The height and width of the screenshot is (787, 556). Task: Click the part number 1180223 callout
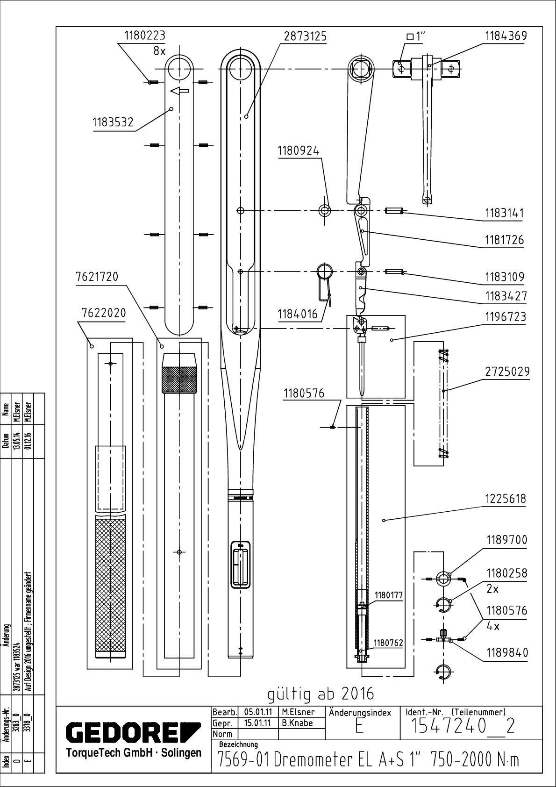[145, 36]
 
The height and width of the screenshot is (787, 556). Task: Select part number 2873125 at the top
[305, 36]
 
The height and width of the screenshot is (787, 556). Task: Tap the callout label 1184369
[506, 36]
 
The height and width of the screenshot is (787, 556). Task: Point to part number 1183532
[113, 122]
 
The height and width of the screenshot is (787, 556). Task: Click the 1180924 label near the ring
[299, 151]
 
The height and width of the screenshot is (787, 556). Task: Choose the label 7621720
[97, 277]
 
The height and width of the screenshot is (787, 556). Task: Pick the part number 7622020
[103, 313]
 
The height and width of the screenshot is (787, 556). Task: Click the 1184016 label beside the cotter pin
[298, 314]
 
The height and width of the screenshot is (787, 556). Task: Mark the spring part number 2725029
[507, 372]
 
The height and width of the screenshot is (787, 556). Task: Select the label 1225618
[506, 499]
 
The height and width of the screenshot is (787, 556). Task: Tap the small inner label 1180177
[388, 595]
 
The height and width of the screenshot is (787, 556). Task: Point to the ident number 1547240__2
[462, 726]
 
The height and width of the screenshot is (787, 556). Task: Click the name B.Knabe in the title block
[297, 723]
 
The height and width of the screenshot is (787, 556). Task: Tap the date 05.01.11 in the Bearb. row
[258, 712]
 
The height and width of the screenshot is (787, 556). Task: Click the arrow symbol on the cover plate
[179, 91]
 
